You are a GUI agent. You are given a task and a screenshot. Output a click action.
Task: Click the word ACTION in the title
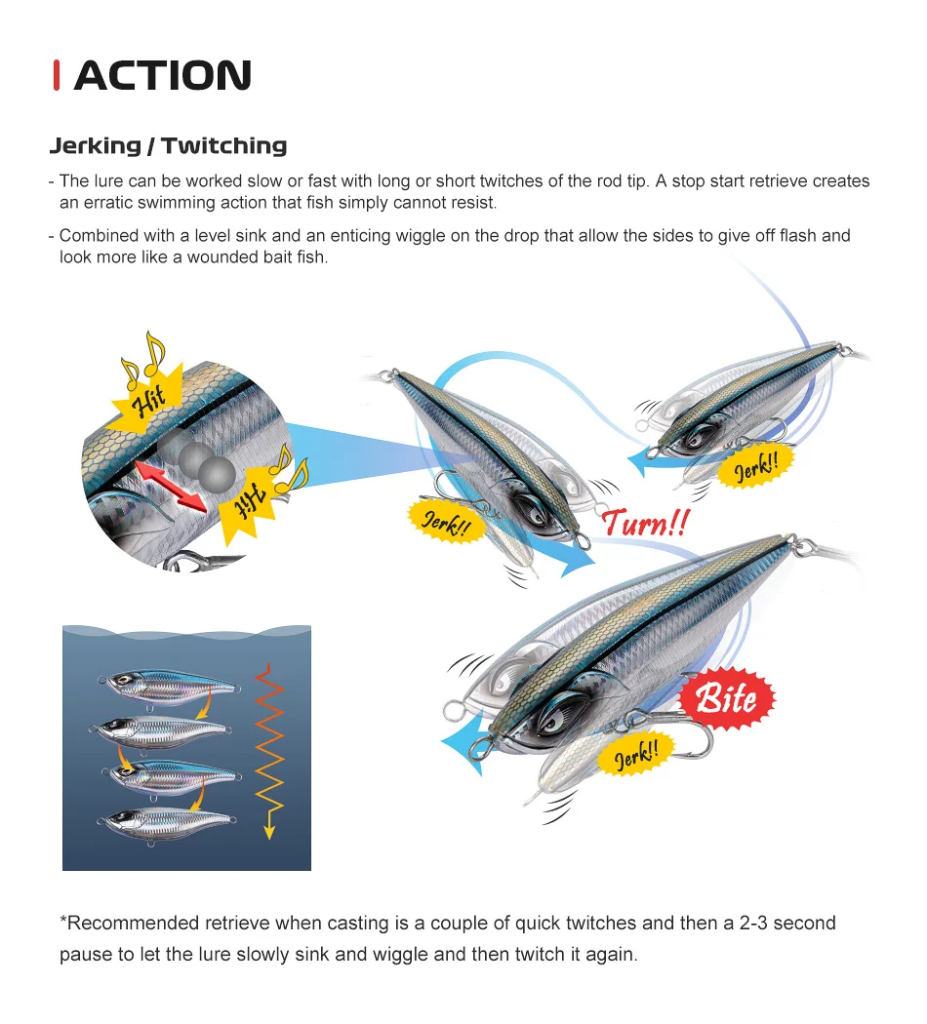click(163, 75)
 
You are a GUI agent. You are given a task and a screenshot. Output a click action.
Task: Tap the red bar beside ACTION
click(57, 75)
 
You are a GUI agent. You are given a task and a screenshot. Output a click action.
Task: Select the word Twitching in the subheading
click(224, 145)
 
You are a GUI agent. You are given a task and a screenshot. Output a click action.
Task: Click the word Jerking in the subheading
click(96, 145)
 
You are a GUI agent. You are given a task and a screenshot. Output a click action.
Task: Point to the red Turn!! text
click(645, 523)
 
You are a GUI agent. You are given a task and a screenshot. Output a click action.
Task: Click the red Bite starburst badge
click(726, 698)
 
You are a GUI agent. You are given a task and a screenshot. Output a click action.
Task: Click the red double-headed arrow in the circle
click(171, 487)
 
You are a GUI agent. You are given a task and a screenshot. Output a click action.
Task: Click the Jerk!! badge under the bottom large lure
click(636, 754)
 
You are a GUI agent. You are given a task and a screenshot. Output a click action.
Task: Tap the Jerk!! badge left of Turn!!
click(447, 522)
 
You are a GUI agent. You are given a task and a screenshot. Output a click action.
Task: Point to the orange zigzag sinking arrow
click(269, 751)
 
